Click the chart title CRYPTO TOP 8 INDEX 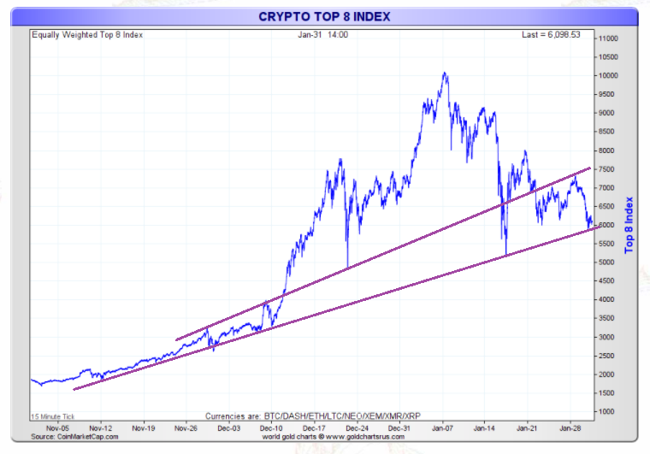(324, 16)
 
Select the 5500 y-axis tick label (608, 244)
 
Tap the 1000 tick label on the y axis (608, 411)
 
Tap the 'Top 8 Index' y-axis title (629, 225)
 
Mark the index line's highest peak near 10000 (445, 74)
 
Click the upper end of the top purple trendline (589, 168)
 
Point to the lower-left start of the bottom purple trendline (74, 390)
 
